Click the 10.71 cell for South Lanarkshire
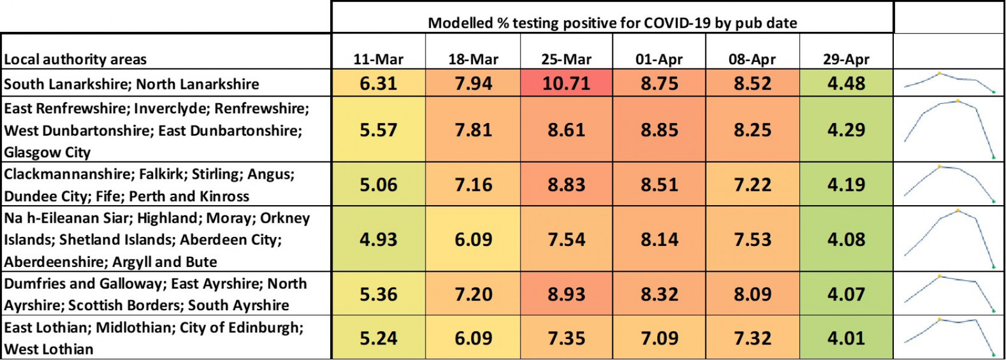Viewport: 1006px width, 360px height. (x=566, y=83)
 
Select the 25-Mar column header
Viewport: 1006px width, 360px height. (x=566, y=59)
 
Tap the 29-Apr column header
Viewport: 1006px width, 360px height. (x=846, y=59)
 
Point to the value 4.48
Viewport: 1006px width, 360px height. (x=846, y=83)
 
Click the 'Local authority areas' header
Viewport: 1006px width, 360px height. (x=75, y=59)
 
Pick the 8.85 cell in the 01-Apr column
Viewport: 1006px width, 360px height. (x=659, y=130)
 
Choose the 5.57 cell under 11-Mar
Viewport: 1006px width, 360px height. (x=378, y=130)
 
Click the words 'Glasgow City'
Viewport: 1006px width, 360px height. (x=47, y=152)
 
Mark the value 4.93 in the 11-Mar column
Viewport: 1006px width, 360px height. (x=378, y=239)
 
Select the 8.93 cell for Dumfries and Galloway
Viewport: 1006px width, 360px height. (x=566, y=294)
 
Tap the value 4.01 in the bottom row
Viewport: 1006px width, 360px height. (x=846, y=338)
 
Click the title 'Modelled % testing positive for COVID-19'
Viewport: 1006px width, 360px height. (x=612, y=23)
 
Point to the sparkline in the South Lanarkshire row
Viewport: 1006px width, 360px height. (x=949, y=83)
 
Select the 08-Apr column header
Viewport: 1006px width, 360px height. (x=752, y=59)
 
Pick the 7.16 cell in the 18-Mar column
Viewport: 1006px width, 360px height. (x=473, y=185)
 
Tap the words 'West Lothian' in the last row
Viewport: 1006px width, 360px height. (x=49, y=349)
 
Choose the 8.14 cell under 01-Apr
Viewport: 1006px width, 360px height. (x=659, y=239)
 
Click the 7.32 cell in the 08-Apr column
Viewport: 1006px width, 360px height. (x=752, y=338)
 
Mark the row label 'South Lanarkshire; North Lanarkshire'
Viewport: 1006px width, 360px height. (x=131, y=84)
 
